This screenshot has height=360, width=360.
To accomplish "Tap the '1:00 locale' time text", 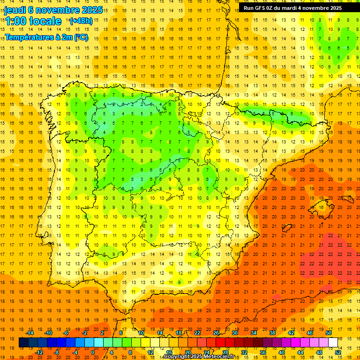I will coord(33,21).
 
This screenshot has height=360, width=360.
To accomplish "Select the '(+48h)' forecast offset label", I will coord(81,21).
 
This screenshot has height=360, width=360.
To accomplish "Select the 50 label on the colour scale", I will coord(329,333).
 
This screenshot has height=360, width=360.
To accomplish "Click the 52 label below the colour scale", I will coord(338,352).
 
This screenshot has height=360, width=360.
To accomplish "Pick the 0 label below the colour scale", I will coord(93,352).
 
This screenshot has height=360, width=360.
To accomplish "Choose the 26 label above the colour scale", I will coord(216,333).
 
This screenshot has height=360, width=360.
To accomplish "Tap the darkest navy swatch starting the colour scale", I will coord(23,343).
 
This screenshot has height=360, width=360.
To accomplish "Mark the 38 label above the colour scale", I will coord(272,333).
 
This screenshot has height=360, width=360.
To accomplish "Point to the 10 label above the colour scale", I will coord(141,333).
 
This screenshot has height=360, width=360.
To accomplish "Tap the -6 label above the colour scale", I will coord(66,333).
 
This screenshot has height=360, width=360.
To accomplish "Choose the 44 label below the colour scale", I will coord(300,352).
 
